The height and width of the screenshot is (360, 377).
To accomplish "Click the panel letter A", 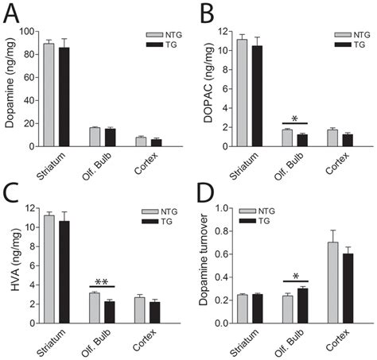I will [14, 14].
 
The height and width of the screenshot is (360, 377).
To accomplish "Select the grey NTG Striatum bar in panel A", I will [49, 95].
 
